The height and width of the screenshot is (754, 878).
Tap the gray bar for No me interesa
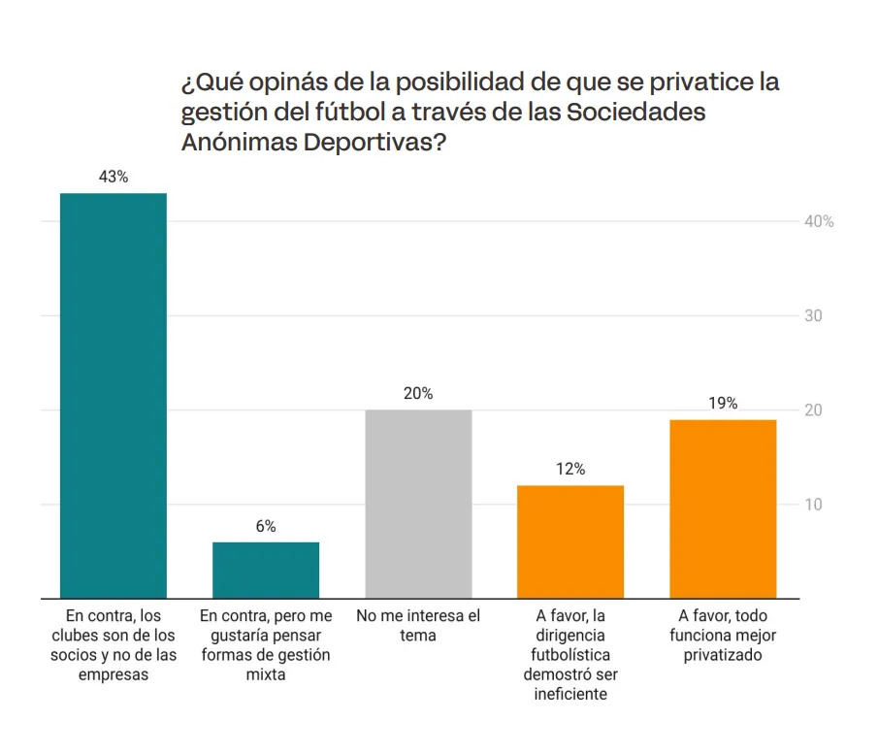click(418, 504)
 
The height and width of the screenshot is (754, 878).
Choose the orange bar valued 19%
click(723, 508)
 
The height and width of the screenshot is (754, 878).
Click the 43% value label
click(114, 178)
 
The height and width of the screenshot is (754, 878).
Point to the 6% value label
click(266, 526)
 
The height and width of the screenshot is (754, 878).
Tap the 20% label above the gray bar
click(418, 394)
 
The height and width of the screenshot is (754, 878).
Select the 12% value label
click(570, 470)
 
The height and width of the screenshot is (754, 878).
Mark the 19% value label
click(723, 404)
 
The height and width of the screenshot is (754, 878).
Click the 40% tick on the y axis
click(819, 222)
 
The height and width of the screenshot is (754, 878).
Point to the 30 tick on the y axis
click(813, 316)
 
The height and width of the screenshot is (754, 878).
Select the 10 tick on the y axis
click(813, 505)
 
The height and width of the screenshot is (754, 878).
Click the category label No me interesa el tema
click(418, 626)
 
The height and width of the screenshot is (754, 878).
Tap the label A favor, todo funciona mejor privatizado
click(723, 636)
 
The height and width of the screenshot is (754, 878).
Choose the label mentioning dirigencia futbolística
click(570, 655)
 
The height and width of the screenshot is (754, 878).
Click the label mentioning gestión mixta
click(266, 645)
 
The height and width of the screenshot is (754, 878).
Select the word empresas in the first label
click(114, 674)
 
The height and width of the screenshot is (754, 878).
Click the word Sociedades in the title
click(635, 112)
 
